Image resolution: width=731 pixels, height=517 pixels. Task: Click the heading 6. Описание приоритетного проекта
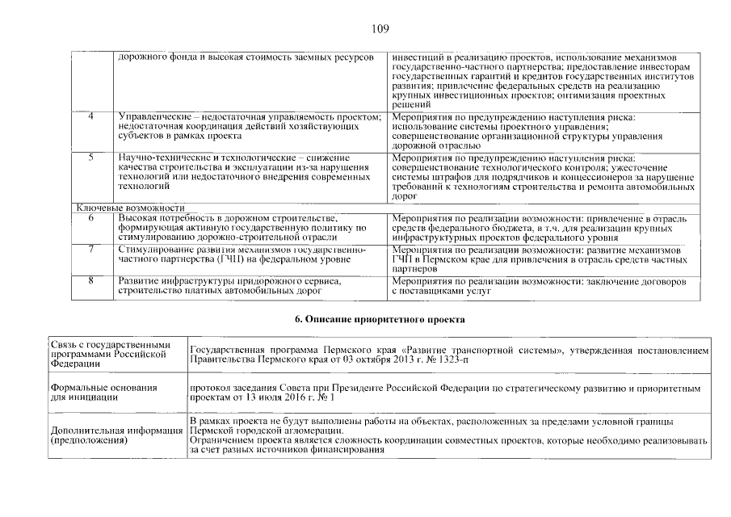[381, 319]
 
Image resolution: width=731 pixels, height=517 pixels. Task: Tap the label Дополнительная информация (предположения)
[116, 435]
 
